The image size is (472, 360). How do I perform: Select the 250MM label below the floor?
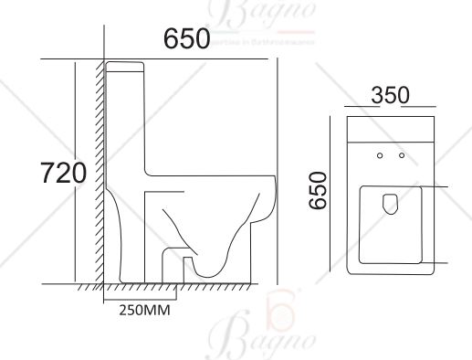click(144, 309)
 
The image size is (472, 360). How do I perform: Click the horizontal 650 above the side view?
click(186, 39)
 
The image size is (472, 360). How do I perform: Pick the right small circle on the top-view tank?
click(402, 157)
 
